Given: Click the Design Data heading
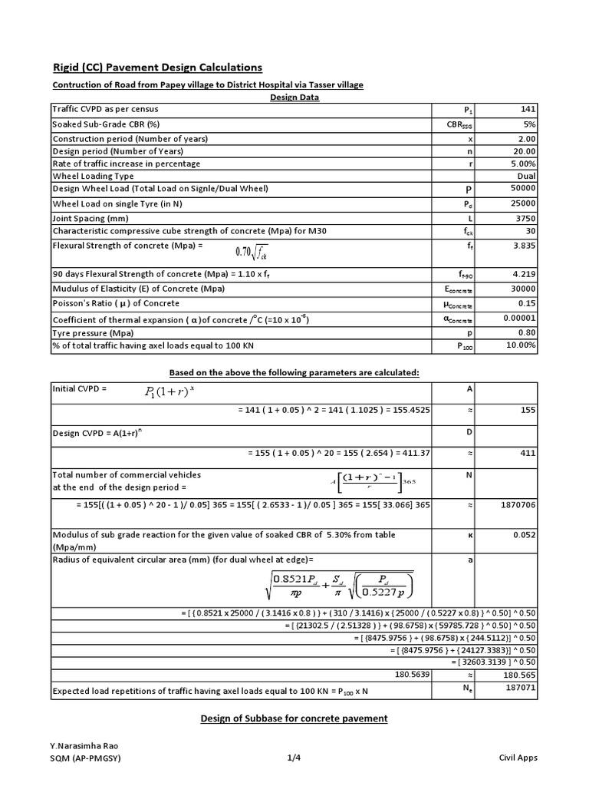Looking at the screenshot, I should (x=294, y=97).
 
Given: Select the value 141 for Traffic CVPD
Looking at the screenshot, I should (x=528, y=110).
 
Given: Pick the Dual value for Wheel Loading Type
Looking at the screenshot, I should (x=526, y=175).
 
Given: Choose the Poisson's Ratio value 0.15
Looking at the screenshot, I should (x=527, y=304).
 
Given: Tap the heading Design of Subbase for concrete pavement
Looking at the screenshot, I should (x=294, y=718).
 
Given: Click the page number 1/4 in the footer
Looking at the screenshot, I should (x=294, y=758).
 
